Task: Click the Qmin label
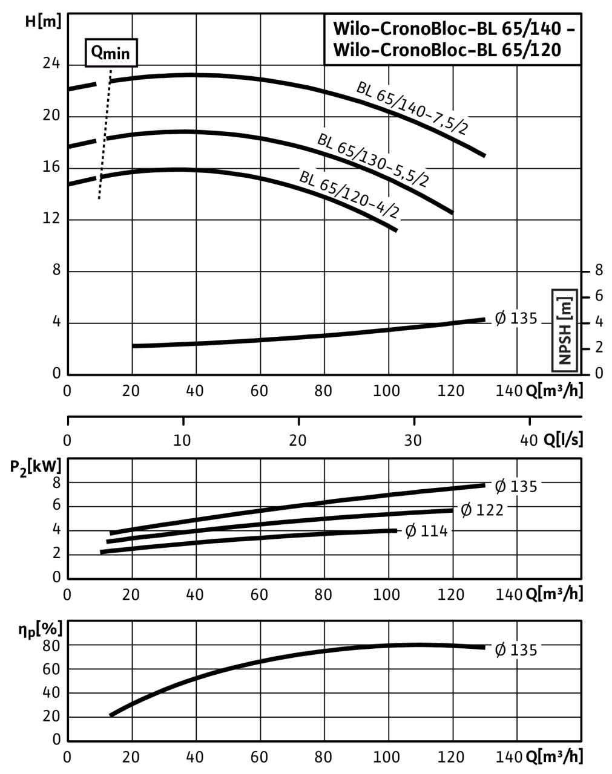111,53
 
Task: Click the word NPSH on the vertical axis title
565,346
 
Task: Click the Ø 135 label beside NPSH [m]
516,318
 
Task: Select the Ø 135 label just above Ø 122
516,486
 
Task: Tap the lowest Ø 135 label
516,650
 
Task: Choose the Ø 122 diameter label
482,510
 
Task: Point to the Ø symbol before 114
411,532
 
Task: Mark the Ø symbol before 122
466,510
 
